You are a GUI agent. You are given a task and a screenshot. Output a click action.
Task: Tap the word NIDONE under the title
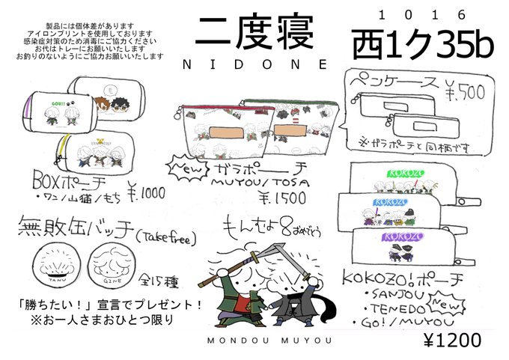(x=254, y=65)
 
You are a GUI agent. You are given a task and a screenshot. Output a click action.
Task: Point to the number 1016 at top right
(x=423, y=14)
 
